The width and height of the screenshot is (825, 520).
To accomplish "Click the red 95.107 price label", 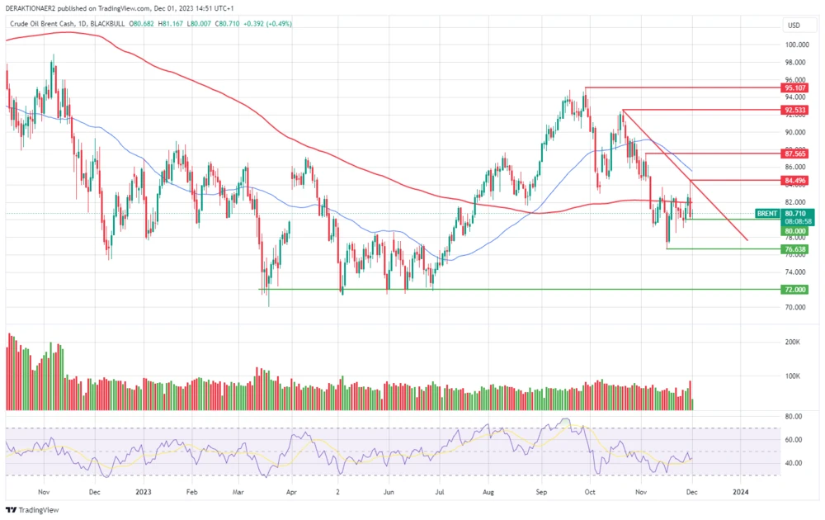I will tap(795, 87).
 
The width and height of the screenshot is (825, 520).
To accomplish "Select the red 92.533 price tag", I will tap(795, 109).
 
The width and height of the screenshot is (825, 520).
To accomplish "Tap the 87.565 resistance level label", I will tap(795, 154).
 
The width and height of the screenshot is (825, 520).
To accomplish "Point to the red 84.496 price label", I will tap(795, 180).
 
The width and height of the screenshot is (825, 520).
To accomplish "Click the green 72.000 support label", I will tap(795, 290).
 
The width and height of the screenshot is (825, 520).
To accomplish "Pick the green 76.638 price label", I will tap(795, 248).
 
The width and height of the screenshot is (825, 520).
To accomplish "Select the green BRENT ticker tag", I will tap(766, 213).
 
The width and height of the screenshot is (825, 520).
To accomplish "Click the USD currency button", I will tap(794, 25).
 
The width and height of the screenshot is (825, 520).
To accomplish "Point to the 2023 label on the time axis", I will tap(143, 491).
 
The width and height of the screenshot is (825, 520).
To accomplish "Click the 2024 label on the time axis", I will tap(741, 491).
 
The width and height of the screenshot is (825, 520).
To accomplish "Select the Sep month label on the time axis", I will tap(541, 491).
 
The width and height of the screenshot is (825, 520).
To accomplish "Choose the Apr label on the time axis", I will tap(290, 491).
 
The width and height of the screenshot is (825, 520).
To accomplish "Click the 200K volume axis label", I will tap(793, 341).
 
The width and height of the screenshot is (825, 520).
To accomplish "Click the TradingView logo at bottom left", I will tap(29, 511).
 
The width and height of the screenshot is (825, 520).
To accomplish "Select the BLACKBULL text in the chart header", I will tap(107, 24).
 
